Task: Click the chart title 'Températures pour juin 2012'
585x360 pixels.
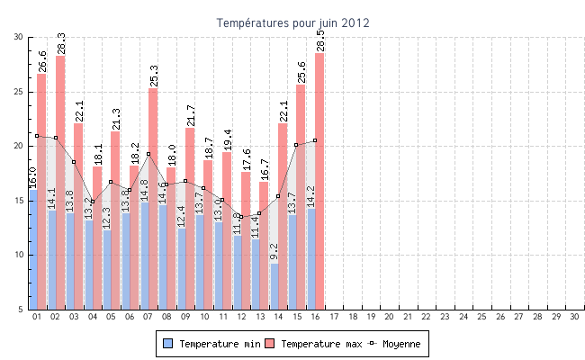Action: point(292,22)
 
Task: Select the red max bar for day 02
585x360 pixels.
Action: point(60,180)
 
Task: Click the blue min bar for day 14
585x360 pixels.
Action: point(274,286)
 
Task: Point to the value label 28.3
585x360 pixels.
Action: point(61,42)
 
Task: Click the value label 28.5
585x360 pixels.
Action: point(320,40)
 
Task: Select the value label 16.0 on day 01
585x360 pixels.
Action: point(33,177)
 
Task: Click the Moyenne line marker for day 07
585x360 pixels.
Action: point(148,154)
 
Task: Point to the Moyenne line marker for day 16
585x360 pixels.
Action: point(315,140)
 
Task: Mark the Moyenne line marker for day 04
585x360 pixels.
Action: point(93,202)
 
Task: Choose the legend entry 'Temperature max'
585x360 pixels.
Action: point(314,343)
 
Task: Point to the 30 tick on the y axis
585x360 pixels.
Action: point(19,37)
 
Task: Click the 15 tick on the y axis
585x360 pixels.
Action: point(19,201)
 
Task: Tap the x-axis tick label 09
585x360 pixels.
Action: point(185,317)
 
